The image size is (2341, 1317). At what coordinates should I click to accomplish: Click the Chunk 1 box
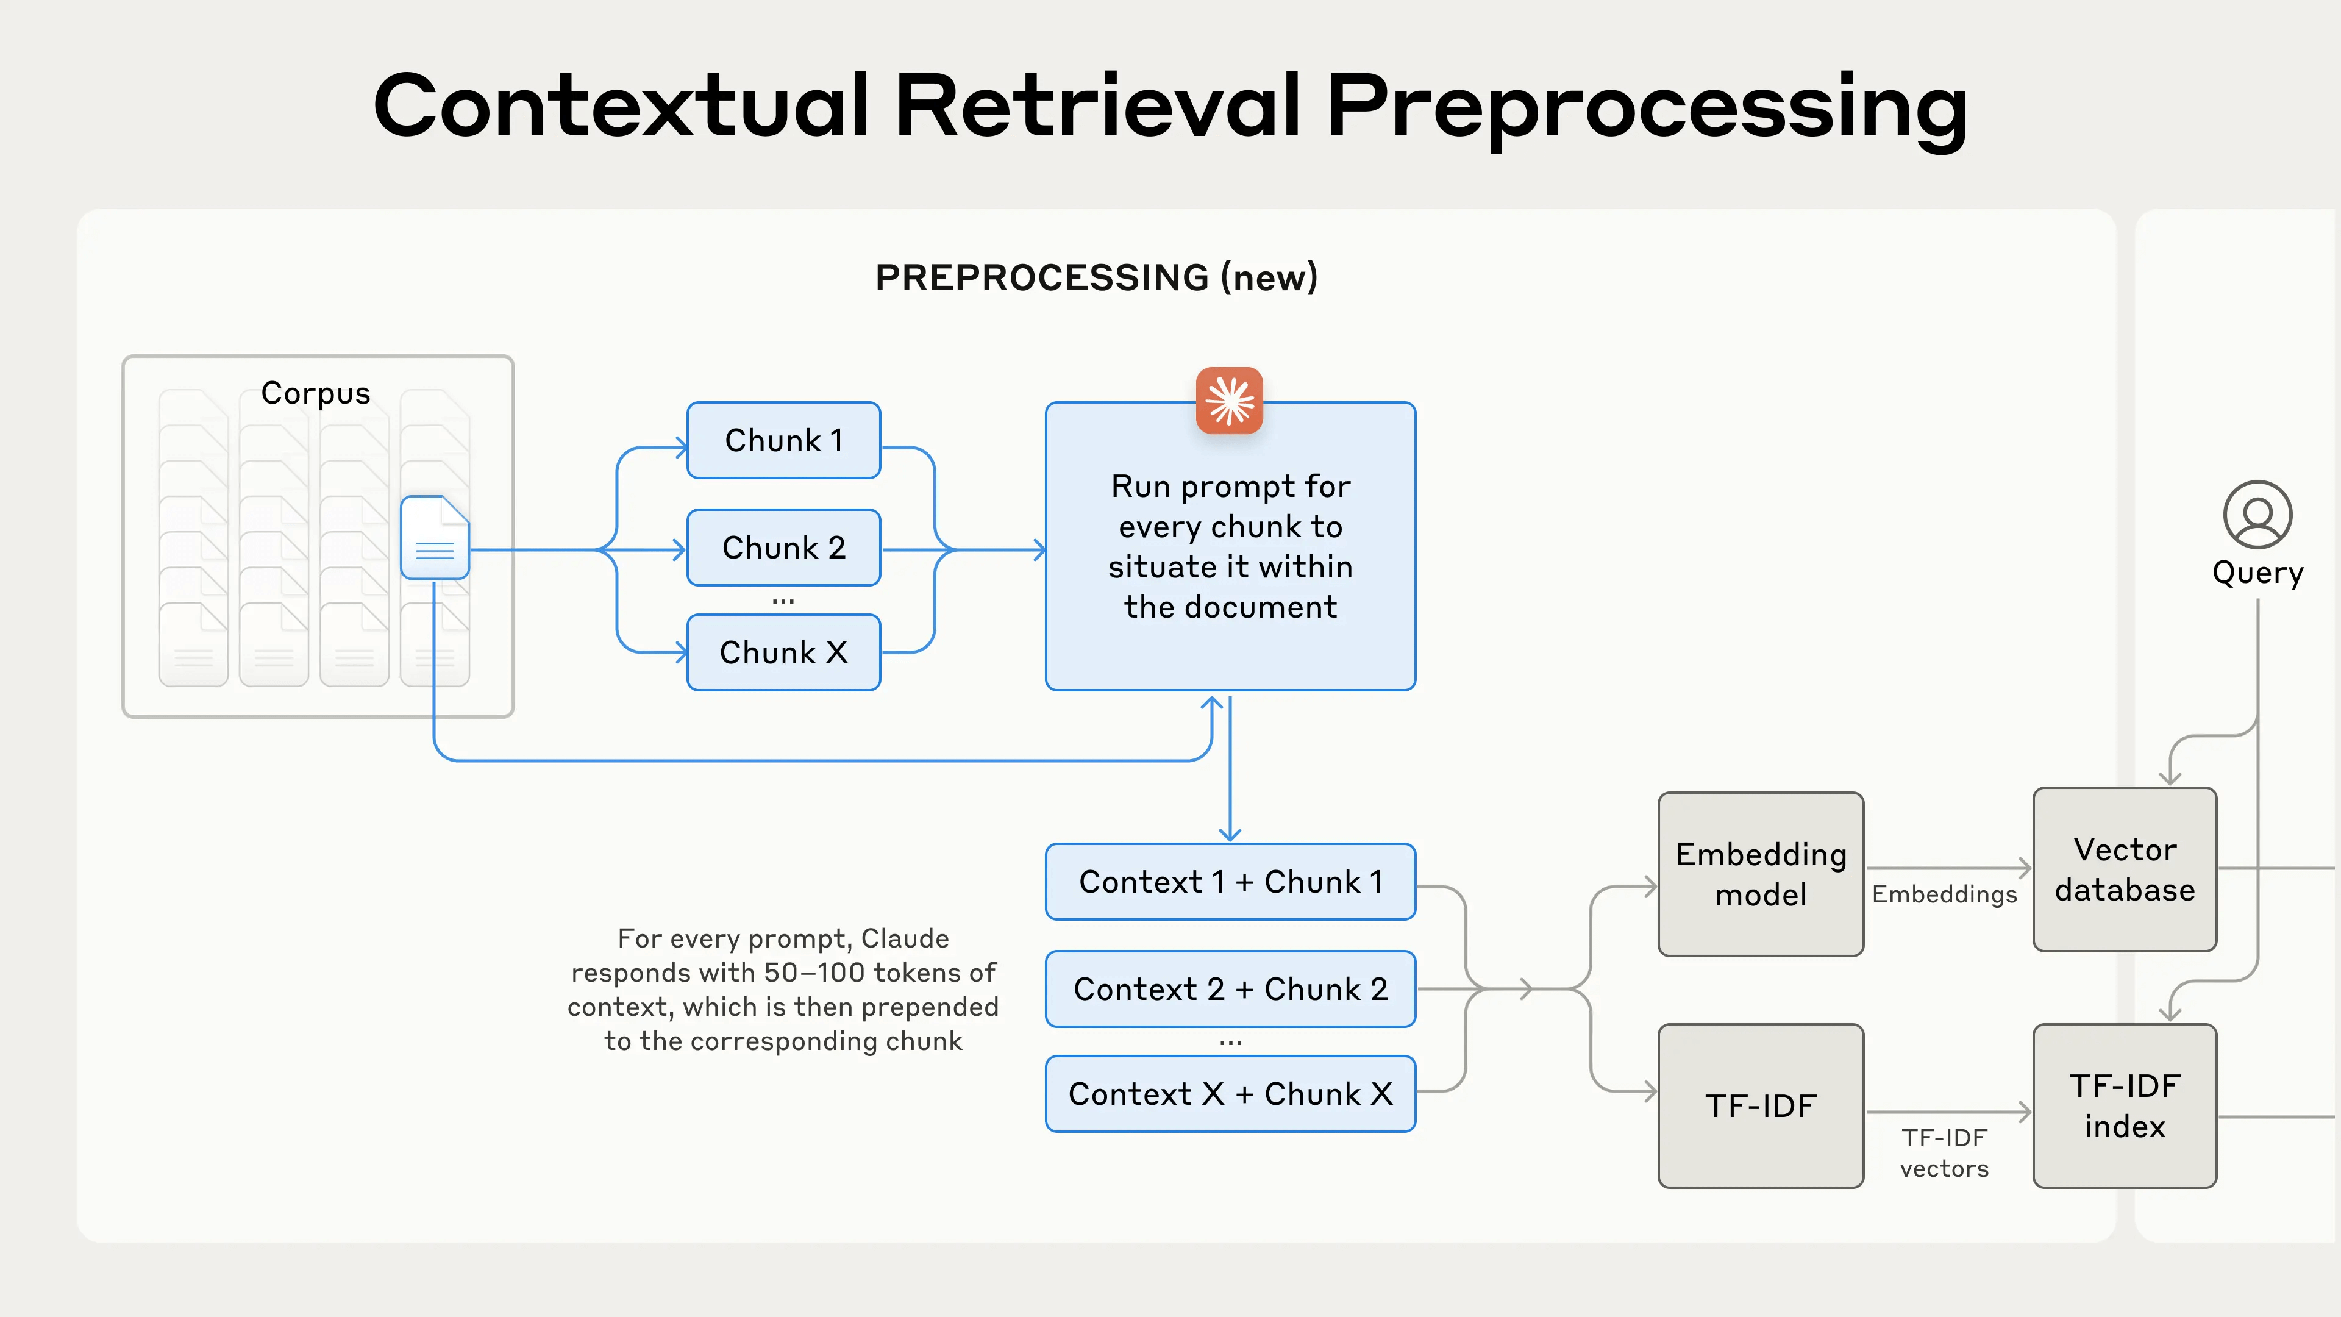[x=783, y=440]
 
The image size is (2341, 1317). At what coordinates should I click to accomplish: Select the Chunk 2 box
[x=783, y=547]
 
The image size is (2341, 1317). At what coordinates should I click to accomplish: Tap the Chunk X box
[x=783, y=652]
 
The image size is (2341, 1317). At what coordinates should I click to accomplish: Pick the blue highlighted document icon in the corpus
[x=435, y=537]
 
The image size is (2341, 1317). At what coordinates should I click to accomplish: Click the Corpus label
[x=315, y=393]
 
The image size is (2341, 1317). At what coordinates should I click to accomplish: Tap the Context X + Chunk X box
[x=1230, y=1093]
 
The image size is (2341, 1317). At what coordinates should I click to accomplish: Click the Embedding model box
[x=1760, y=874]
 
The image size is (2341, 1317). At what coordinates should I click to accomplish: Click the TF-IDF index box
[x=2124, y=1105]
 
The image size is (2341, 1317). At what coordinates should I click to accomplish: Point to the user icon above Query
[x=2257, y=515]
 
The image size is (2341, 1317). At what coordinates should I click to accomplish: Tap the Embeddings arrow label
[x=1944, y=894]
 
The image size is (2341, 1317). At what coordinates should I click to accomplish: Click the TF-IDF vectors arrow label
[x=1944, y=1152]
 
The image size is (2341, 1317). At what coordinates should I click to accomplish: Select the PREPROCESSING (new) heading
[x=1096, y=277]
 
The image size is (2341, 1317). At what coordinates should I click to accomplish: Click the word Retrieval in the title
[x=1098, y=105]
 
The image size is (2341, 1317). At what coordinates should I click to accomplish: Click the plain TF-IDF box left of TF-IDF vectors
[x=1760, y=1105]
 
